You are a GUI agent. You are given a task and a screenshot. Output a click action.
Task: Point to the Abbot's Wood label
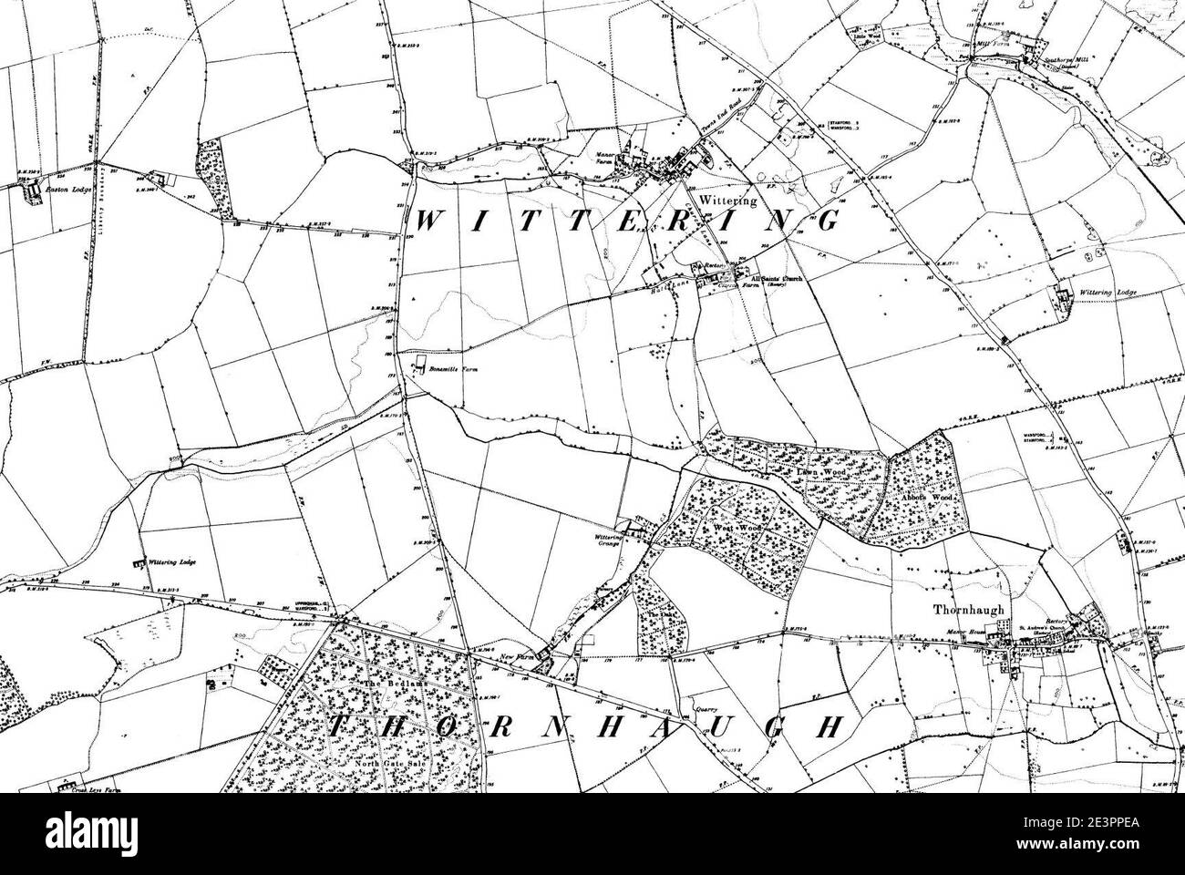pyautogui.click(x=932, y=500)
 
